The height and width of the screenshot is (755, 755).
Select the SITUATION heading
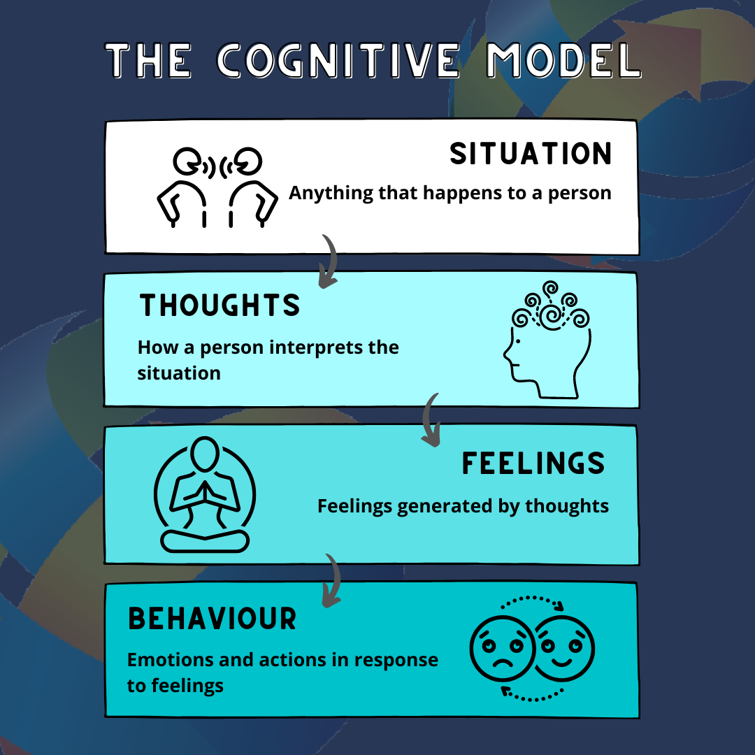[531, 154]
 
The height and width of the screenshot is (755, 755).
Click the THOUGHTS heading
[220, 305]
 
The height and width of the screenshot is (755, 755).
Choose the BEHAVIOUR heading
[213, 619]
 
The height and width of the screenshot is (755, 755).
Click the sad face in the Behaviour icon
[502, 647]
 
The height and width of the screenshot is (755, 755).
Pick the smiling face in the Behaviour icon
[563, 647]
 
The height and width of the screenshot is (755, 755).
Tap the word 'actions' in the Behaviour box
[303, 660]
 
